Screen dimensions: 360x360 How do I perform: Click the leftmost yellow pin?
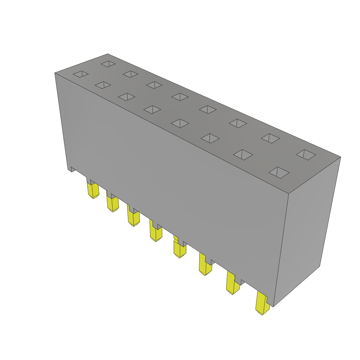coord(93,190)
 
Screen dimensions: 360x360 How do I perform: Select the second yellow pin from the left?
coord(112,204)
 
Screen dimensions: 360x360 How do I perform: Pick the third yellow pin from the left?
coord(134,218)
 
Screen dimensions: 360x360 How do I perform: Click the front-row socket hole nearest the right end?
coord(279,172)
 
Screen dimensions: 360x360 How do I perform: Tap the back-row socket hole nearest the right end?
coord(306,155)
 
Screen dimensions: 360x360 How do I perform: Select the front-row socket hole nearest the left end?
coord(81,74)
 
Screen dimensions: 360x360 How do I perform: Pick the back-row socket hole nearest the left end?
coord(108,64)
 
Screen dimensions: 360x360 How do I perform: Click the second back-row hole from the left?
coord(130,74)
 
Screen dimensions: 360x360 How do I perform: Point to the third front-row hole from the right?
coord(210,138)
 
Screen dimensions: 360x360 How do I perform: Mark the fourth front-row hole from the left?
coord(152,109)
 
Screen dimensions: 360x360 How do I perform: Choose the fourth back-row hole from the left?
coord(180,97)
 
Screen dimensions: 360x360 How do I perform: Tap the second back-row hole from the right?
coord(270,138)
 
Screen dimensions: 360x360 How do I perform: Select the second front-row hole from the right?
coord(243,154)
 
